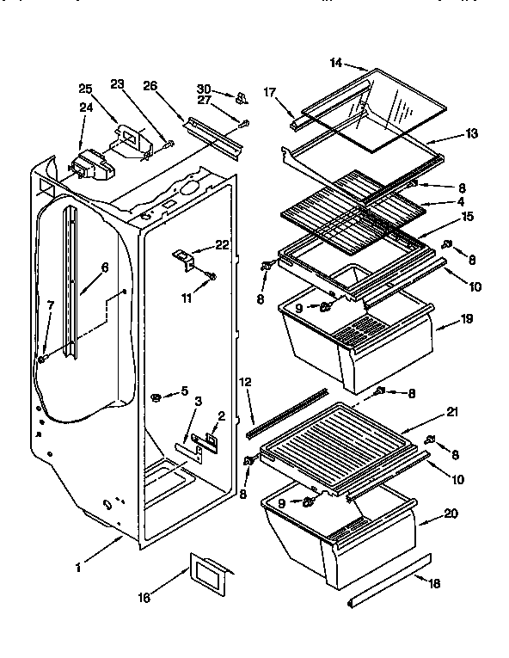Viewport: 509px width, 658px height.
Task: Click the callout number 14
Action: coord(336,63)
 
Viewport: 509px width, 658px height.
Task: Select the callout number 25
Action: coord(85,89)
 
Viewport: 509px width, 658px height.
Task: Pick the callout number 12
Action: coord(245,381)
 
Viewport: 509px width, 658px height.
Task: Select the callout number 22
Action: coord(223,246)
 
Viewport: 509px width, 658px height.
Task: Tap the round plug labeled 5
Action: coord(157,396)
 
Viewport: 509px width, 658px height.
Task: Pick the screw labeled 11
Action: coord(212,277)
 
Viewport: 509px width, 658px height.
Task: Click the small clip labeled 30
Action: coord(242,95)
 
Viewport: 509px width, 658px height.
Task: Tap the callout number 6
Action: coord(104,268)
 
